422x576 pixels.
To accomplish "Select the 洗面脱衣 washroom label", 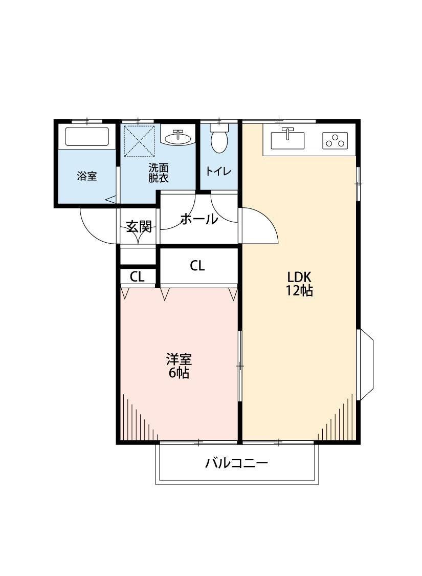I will point(159,173).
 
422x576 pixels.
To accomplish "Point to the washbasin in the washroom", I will point(178,137).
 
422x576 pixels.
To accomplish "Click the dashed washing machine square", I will point(140,141).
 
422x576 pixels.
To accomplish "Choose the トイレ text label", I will point(219,172).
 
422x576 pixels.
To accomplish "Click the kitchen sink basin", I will point(287,139).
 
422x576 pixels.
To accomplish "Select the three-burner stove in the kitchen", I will point(335,140).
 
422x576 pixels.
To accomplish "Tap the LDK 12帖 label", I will point(299,284).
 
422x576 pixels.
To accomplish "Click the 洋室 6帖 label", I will point(179,366).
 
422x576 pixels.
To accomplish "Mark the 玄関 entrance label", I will point(139,226).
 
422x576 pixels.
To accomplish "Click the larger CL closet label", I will point(198,266).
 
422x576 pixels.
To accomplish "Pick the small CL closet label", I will point(137,277).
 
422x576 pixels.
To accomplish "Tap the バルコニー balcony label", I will point(237,464).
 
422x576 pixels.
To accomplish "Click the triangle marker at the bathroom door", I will point(110,200).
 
